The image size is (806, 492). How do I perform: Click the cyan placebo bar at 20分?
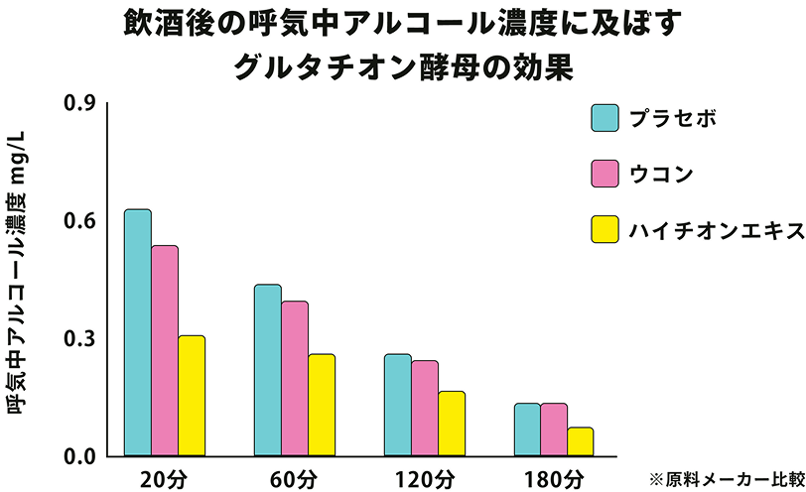(x=138, y=332)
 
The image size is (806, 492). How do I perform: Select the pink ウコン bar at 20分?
(x=165, y=350)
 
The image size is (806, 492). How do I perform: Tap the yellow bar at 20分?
(x=192, y=395)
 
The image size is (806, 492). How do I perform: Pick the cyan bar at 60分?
(x=268, y=370)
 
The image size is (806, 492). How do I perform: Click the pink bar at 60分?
(x=295, y=378)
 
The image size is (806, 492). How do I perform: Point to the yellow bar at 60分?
(x=322, y=405)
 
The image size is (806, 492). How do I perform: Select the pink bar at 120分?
(x=425, y=408)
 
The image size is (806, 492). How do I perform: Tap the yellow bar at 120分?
(x=452, y=423)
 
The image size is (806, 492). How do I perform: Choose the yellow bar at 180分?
(x=581, y=441)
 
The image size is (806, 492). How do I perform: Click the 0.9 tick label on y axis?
(x=78, y=103)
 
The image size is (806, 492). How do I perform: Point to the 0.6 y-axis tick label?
(x=78, y=220)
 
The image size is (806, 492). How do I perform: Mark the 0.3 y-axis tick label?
(x=78, y=338)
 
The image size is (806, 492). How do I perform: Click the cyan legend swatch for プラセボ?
(x=604, y=118)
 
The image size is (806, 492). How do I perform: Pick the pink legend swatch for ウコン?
(x=604, y=175)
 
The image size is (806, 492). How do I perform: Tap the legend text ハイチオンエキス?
(x=715, y=230)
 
